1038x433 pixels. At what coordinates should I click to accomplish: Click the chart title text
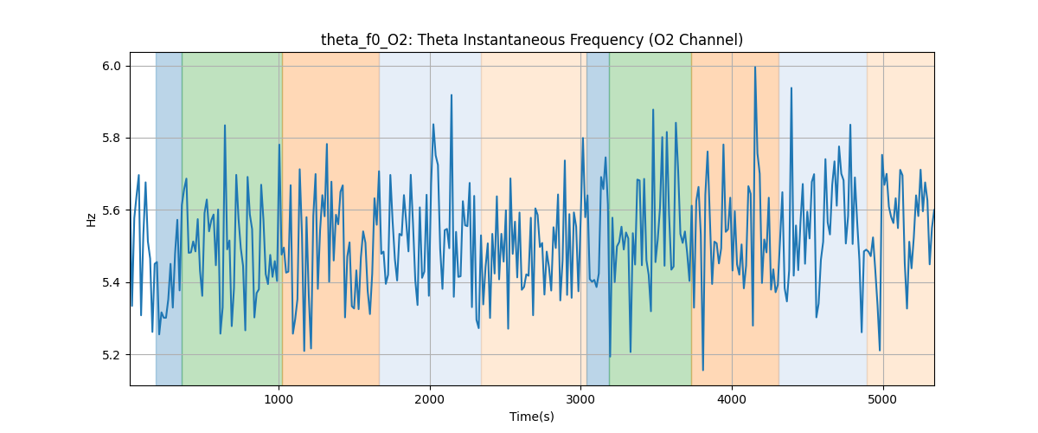click(532, 40)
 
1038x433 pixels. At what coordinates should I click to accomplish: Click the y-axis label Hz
click(92, 219)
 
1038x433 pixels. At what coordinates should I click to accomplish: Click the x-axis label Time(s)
click(532, 417)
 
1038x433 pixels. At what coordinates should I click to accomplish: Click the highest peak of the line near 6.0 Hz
click(755, 67)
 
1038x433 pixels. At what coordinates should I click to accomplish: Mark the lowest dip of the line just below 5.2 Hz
click(702, 370)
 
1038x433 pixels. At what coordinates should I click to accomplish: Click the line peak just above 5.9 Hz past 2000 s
click(452, 95)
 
